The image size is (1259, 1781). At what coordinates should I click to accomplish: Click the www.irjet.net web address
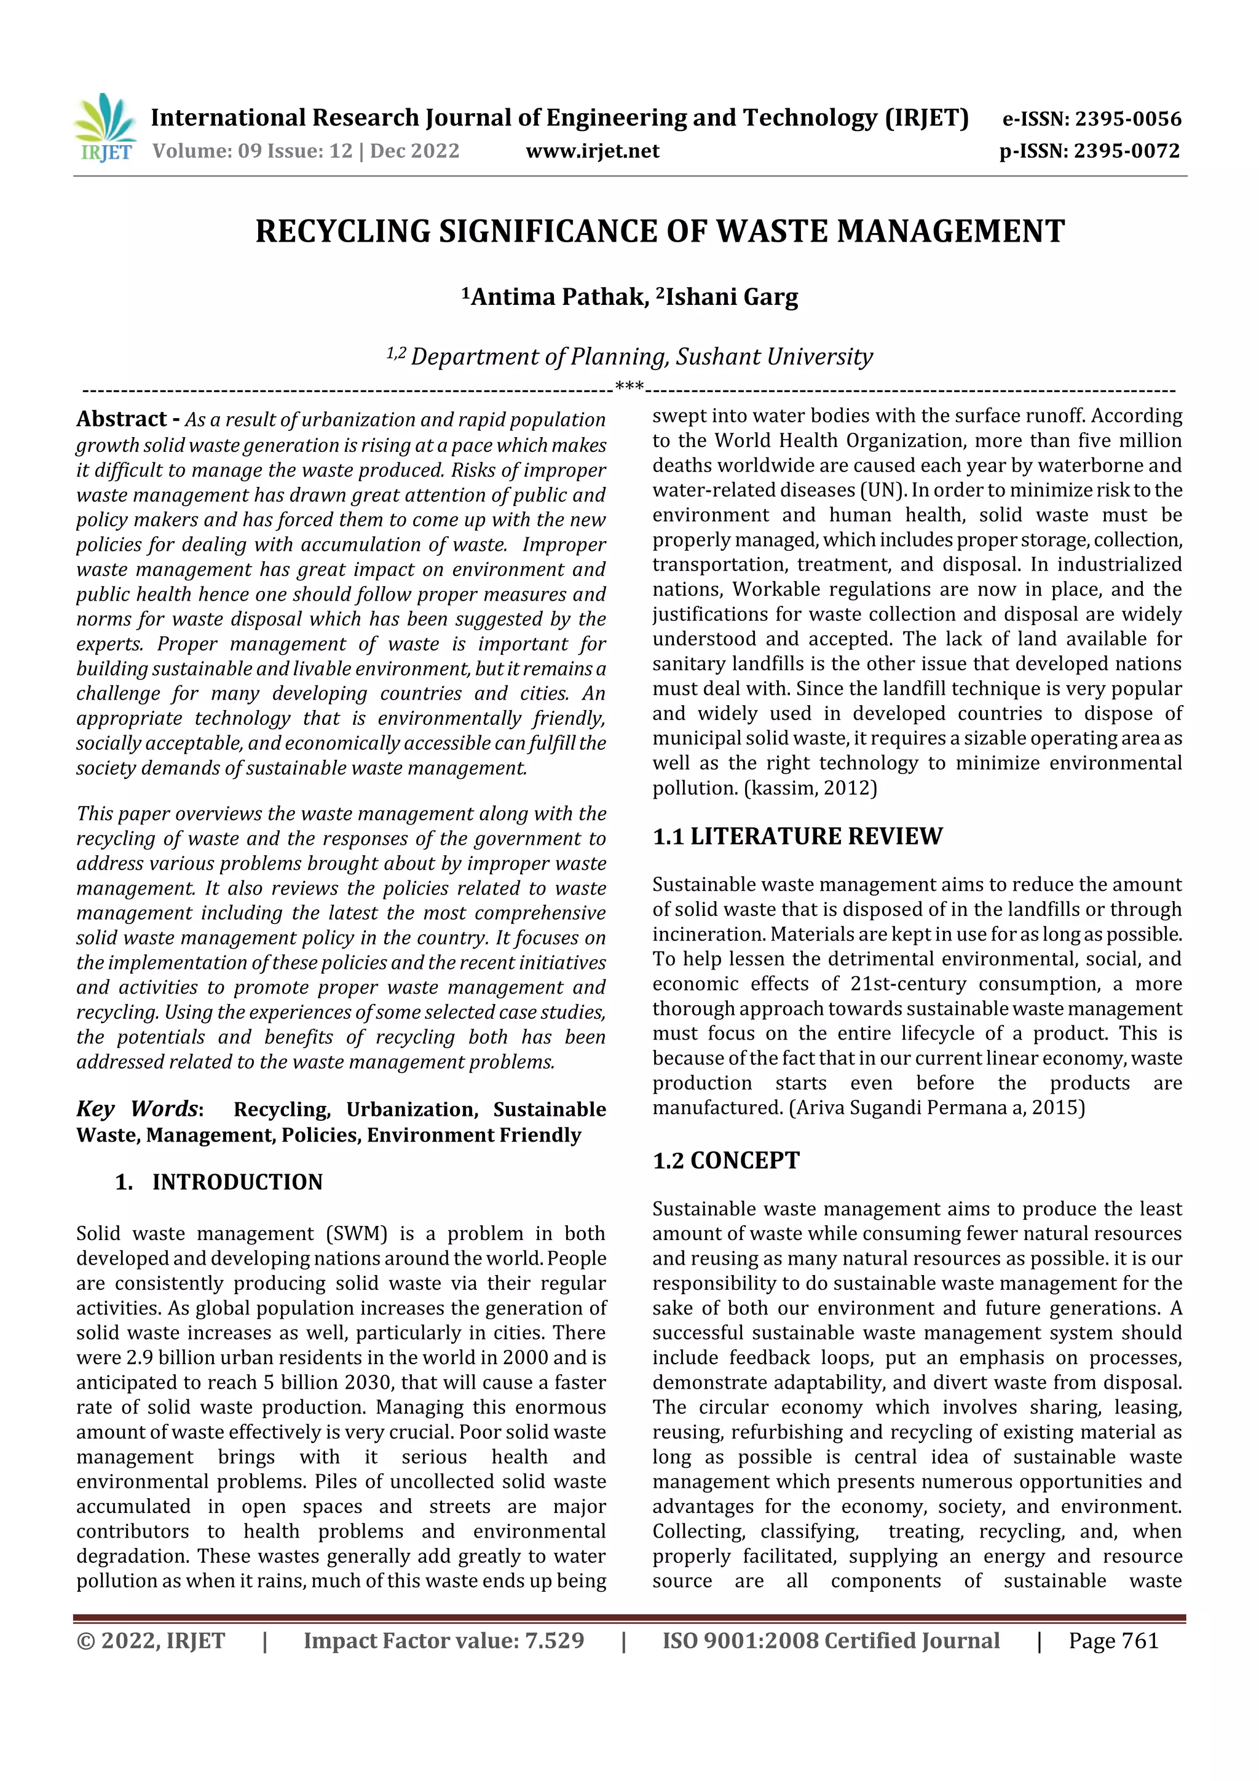pyautogui.click(x=592, y=151)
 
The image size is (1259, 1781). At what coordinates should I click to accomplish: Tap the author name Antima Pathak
pyautogui.click(x=554, y=296)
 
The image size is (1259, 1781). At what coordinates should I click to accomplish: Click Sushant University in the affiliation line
pyautogui.click(x=773, y=356)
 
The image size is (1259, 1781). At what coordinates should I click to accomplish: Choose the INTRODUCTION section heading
pyautogui.click(x=237, y=1182)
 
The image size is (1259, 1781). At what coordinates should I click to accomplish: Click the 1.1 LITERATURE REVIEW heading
pyautogui.click(x=797, y=835)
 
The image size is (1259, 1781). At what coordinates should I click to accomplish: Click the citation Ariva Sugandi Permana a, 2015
pyautogui.click(x=936, y=1107)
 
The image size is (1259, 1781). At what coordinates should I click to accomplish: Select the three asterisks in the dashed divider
pyautogui.click(x=628, y=386)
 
